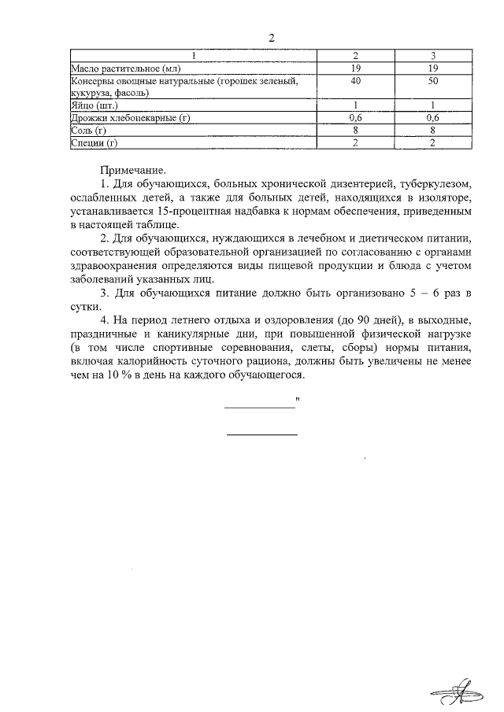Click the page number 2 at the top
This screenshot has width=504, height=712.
coord(272,39)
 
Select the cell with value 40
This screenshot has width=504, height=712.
coord(356,81)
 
